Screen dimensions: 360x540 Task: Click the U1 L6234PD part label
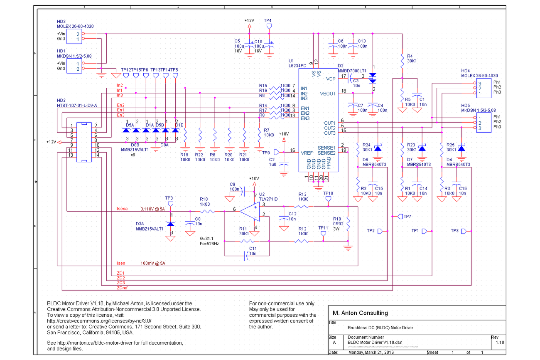pyautogui.click(x=297, y=63)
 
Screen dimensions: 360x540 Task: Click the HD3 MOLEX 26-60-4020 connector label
pyautogui.click(x=75, y=24)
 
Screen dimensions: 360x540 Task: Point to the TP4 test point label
pyautogui.click(x=268, y=20)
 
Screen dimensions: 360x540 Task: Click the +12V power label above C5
pyautogui.click(x=249, y=20)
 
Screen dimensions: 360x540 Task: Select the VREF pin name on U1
pyautogui.click(x=307, y=153)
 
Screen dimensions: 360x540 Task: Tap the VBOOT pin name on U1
pyautogui.click(x=327, y=94)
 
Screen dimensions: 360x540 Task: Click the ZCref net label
pyautogui.click(x=123, y=288)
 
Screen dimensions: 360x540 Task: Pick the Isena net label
pyautogui.click(x=122, y=208)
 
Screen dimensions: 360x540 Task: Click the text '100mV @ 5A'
pyautogui.click(x=153, y=264)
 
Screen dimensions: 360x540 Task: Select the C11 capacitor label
pyautogui.click(x=253, y=249)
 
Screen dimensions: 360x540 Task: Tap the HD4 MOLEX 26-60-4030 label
pyautogui.click(x=480, y=73)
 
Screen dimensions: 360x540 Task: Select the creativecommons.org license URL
pyautogui.click(x=99, y=321)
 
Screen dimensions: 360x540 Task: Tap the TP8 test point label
pyautogui.click(x=169, y=198)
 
